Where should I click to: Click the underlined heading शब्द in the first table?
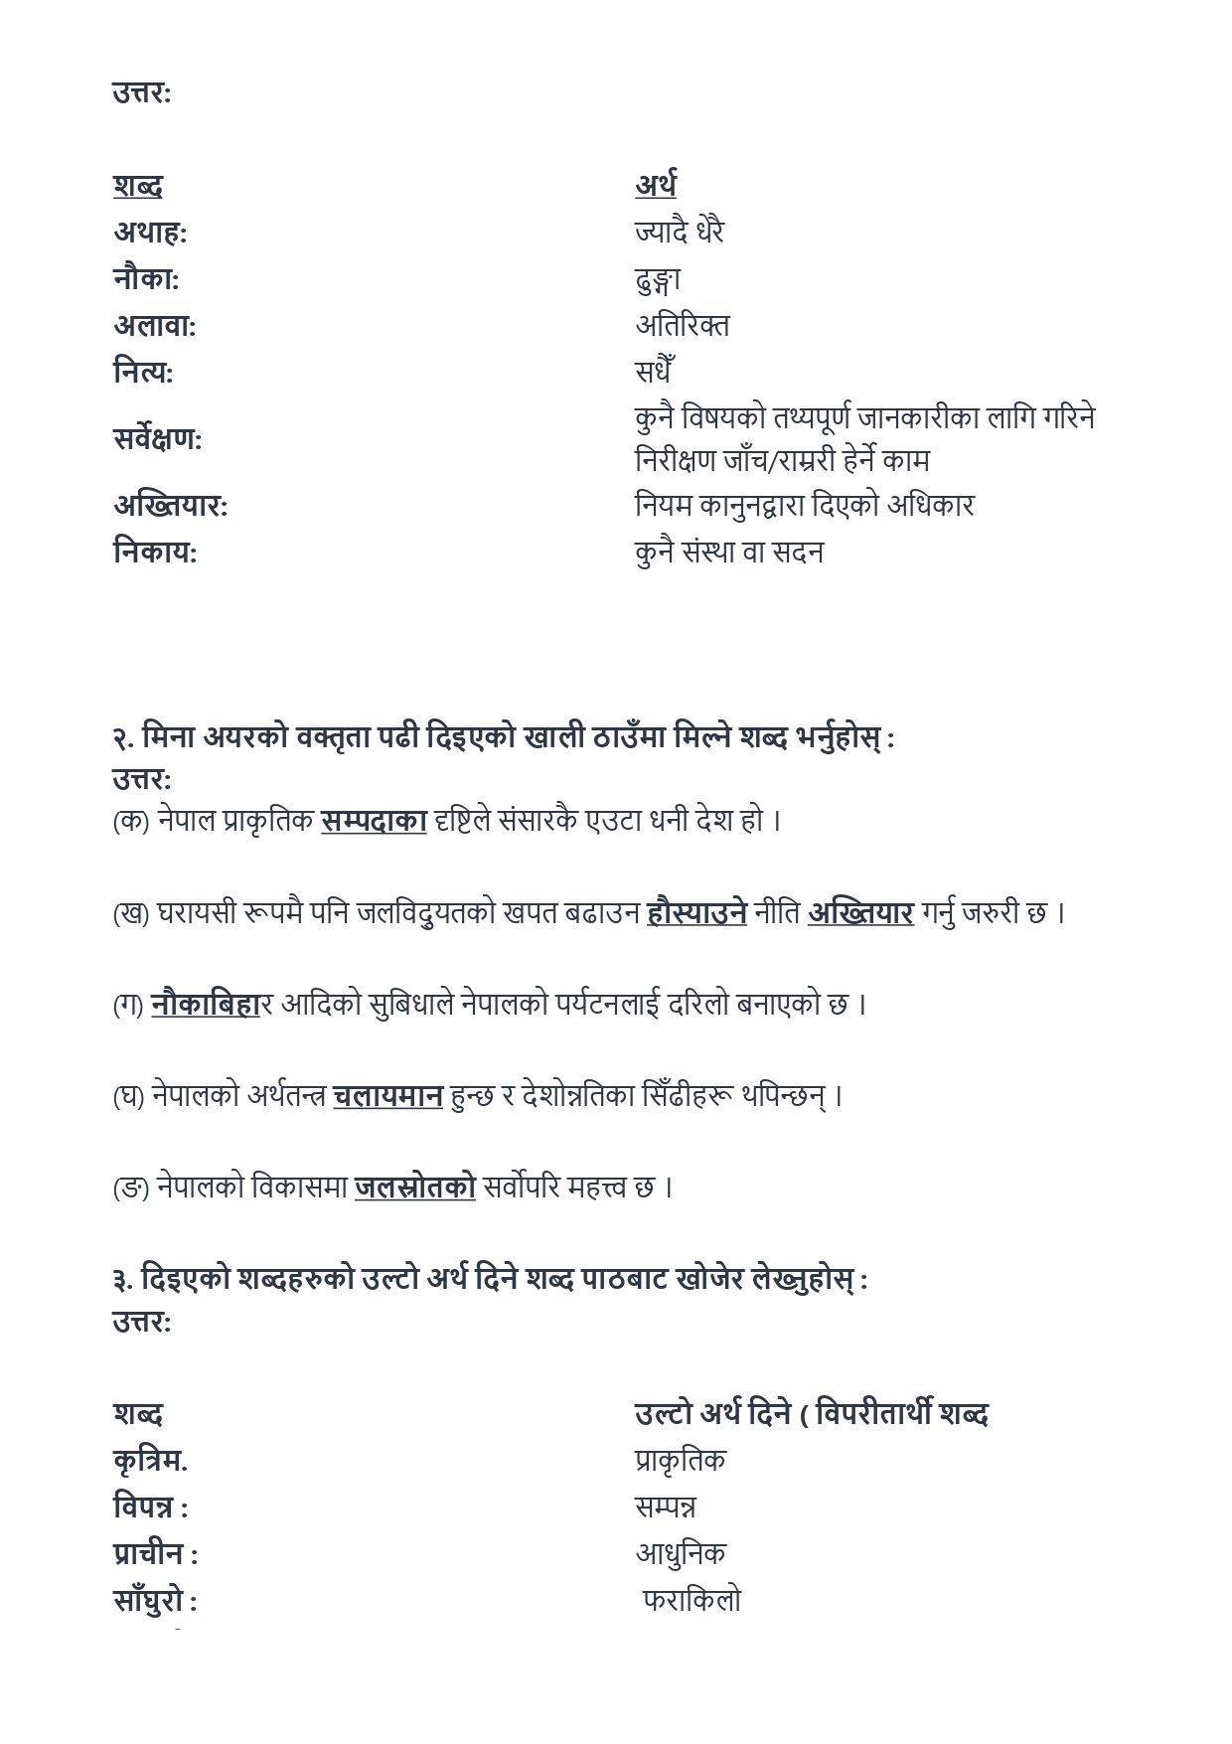[137, 186]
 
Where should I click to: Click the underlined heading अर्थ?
[656, 186]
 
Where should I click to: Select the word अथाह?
[149, 233]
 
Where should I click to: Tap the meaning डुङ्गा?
[658, 280]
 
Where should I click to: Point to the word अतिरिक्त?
[682, 325]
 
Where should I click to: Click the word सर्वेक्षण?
[157, 438]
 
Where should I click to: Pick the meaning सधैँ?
[655, 372]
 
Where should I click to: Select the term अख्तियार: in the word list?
[170, 506]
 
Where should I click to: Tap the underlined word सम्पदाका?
[374, 821]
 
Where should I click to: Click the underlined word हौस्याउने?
[696, 912]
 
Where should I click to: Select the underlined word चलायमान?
[387, 1096]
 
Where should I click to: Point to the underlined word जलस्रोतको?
[414, 1188]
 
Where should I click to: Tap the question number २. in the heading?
[123, 738]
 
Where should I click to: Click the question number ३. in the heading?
[123, 1280]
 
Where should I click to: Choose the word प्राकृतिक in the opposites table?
[681, 1461]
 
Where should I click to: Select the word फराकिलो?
[692, 1601]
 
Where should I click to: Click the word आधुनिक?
[681, 1553]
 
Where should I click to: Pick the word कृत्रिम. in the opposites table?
[150, 1461]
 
